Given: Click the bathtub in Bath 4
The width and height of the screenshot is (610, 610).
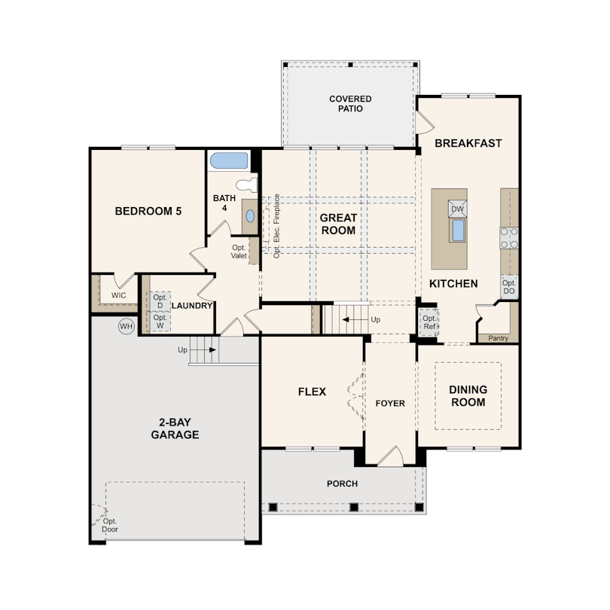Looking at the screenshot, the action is click(228, 160).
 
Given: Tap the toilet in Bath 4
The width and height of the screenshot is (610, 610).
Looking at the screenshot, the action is click(247, 185).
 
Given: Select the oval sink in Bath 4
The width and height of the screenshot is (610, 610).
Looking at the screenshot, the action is click(250, 216).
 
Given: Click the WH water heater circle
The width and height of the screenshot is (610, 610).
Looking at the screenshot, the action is click(126, 326).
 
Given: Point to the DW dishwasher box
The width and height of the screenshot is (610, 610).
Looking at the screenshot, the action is click(458, 209).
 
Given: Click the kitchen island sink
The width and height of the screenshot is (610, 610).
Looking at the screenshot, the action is click(458, 230).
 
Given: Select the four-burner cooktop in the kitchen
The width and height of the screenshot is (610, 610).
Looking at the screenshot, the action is click(509, 238).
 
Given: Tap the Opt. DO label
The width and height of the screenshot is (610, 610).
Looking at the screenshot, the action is click(509, 287).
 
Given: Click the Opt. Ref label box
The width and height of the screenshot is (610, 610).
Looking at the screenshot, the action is click(429, 322).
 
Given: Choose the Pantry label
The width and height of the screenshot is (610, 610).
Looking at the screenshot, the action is click(499, 338).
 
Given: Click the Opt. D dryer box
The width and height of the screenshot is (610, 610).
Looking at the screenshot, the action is click(160, 301).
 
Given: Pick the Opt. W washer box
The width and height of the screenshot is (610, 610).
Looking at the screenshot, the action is click(160, 322).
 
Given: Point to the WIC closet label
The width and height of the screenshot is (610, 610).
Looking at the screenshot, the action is click(119, 295).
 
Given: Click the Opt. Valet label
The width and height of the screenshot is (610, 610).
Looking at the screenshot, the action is click(239, 252).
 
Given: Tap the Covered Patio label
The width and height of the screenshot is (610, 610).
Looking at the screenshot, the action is click(350, 104).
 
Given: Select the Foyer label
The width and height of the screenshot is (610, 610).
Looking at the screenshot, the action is click(390, 404).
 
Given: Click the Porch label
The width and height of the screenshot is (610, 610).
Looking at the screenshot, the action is click(343, 483).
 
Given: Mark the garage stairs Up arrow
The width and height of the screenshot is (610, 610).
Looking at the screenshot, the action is click(203, 349).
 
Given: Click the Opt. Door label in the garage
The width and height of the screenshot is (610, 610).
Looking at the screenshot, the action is click(110, 525).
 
